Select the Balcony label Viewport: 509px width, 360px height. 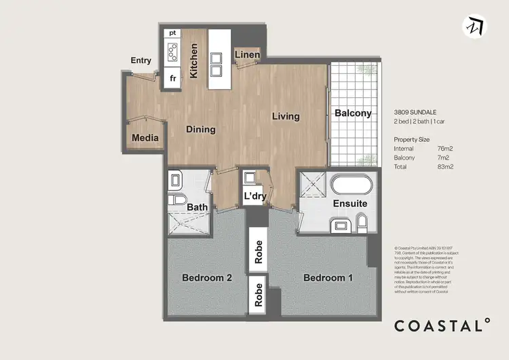pos(353,113)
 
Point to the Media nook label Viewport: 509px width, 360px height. pos(145,138)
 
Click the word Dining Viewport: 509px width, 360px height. pos(201,129)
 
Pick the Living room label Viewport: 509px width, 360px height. pos(286,116)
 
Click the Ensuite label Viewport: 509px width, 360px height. pos(350,203)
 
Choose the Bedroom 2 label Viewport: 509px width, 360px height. pos(208,278)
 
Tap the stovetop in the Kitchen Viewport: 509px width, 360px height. pos(172,52)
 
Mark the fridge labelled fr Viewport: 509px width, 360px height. pos(172,78)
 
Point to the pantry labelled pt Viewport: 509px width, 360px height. pos(172,32)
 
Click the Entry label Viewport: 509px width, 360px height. pos(141,60)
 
